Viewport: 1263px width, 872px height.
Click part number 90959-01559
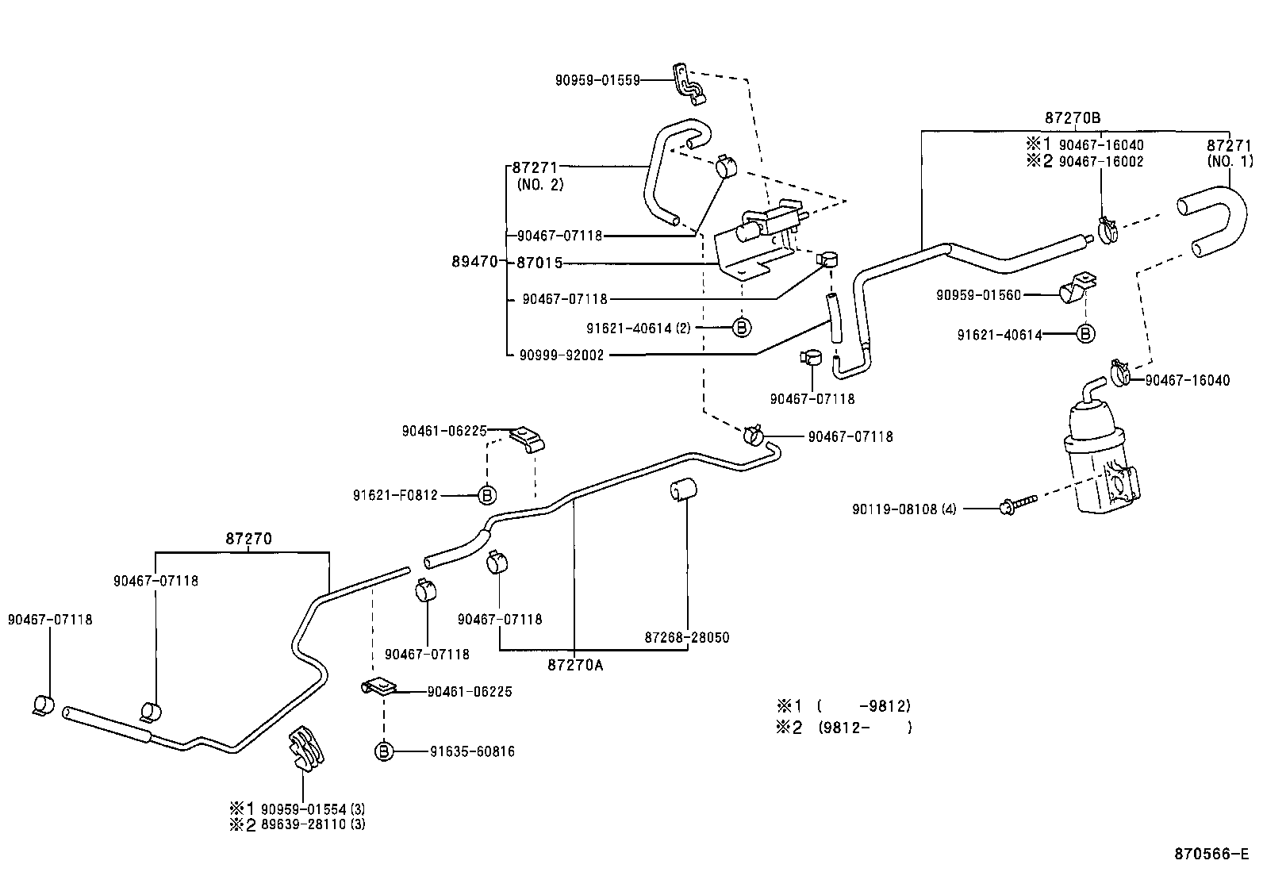point(597,80)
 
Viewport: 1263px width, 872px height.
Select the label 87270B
point(1072,117)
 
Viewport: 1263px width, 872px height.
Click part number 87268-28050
point(686,637)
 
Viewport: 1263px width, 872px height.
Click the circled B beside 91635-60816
point(384,751)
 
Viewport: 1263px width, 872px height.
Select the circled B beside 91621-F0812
point(487,495)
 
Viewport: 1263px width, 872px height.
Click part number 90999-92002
point(562,355)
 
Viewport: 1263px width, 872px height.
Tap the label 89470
point(474,262)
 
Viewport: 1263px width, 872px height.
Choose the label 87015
point(539,262)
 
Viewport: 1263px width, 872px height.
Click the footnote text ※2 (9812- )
point(844,727)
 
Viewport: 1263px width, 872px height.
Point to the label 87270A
point(574,665)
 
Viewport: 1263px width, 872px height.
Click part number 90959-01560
point(978,294)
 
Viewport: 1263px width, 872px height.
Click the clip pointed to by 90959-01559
point(689,83)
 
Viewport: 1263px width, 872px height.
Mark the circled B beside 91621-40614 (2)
point(741,327)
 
